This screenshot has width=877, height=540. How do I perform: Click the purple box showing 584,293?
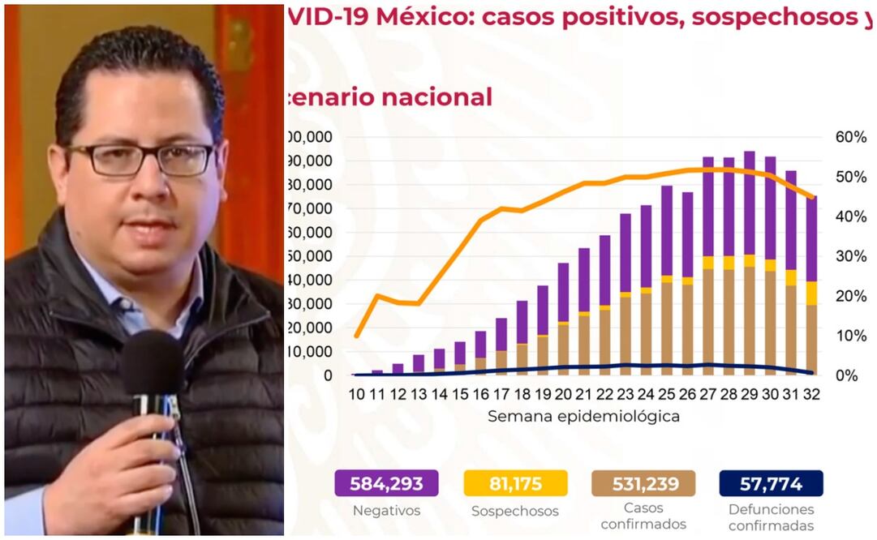point(386,484)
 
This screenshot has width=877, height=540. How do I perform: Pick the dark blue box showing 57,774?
point(771,484)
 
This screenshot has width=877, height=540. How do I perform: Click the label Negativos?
point(386,511)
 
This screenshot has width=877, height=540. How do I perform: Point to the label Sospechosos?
point(515,512)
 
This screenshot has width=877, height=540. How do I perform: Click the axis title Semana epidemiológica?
point(583,417)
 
